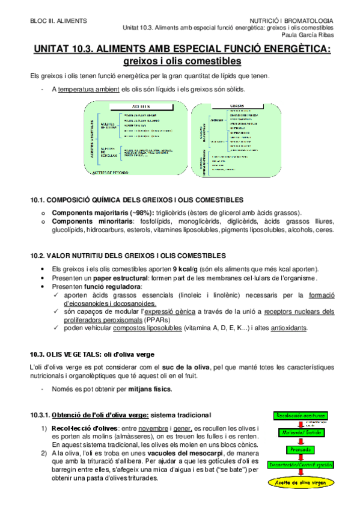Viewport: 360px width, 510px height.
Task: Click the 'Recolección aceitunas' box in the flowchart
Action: point(302,416)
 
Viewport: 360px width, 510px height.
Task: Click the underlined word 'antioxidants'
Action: point(288,328)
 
